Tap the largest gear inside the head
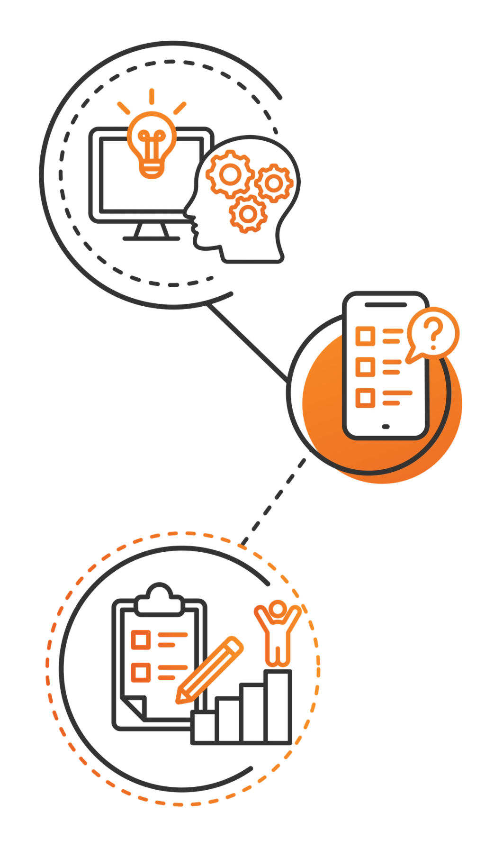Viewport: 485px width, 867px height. click(x=230, y=174)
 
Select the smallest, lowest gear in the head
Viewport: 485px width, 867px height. click(x=247, y=214)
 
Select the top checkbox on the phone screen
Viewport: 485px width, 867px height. click(x=365, y=336)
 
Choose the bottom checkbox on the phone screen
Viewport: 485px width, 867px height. click(x=365, y=397)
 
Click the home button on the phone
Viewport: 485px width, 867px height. click(x=386, y=427)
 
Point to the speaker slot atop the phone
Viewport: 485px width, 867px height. click(x=386, y=305)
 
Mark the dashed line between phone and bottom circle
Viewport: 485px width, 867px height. click(x=275, y=500)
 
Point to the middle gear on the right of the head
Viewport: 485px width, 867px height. click(x=273, y=183)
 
